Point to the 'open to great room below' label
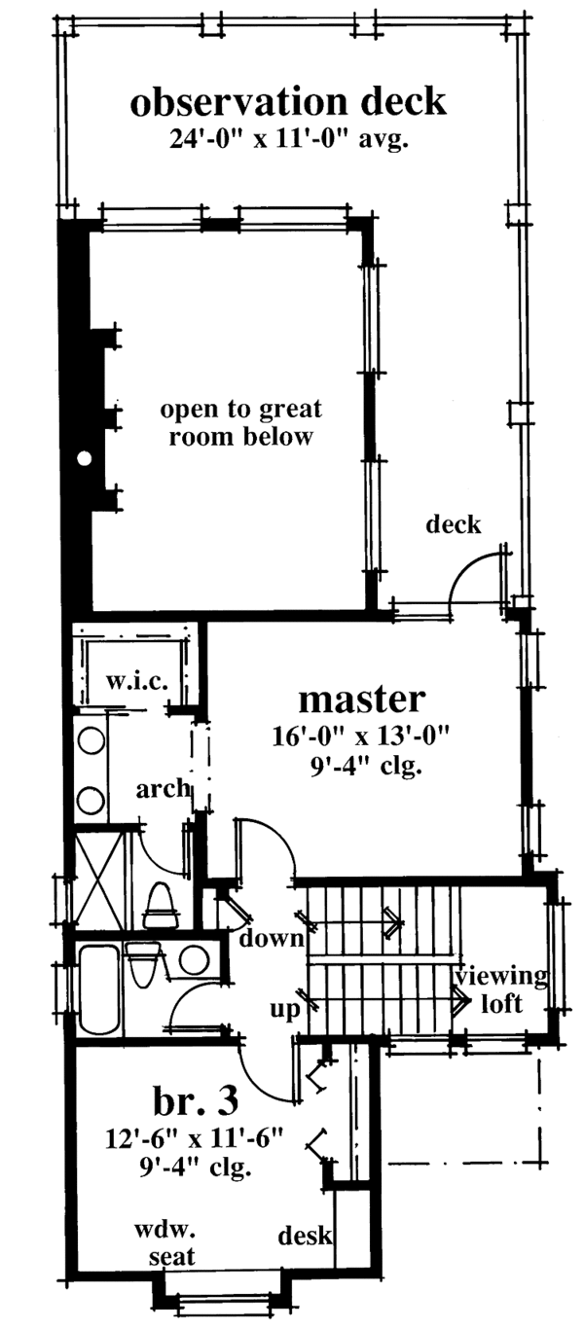click(x=241, y=422)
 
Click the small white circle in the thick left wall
click(x=86, y=456)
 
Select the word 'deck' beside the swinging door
click(x=454, y=525)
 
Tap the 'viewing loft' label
click(x=491, y=989)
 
